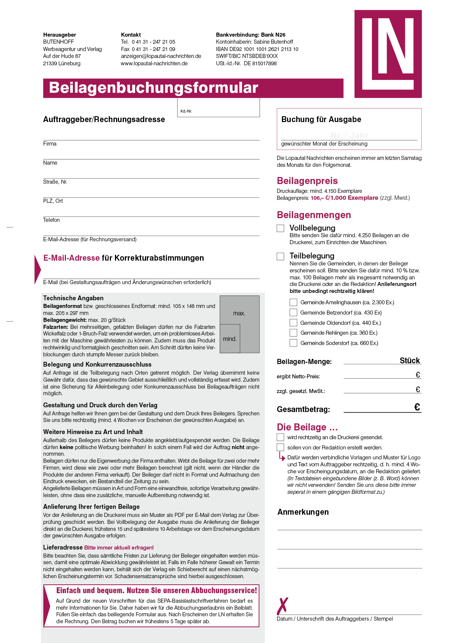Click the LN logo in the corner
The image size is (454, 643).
[x=388, y=54]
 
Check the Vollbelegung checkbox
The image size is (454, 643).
[x=280, y=228]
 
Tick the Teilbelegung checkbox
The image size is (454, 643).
[x=280, y=256]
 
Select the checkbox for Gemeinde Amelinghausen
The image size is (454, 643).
[x=293, y=302]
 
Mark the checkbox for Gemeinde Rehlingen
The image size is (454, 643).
[x=293, y=333]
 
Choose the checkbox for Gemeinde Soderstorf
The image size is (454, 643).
[x=293, y=343]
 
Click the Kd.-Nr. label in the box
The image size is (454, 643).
[x=186, y=111]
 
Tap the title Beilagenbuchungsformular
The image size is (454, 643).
[x=153, y=88]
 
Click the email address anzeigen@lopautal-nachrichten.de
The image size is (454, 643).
[x=161, y=56]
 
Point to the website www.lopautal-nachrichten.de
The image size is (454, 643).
[x=154, y=63]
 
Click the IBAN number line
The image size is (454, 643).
[x=257, y=49]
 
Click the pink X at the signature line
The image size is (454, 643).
[x=283, y=606]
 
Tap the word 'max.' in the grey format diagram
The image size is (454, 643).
[x=239, y=313]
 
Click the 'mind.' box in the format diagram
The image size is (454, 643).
[x=230, y=339]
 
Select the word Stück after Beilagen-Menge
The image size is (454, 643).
[x=410, y=361]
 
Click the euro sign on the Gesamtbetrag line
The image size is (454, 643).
[x=417, y=407]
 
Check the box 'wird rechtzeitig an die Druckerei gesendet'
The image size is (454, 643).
[x=280, y=437]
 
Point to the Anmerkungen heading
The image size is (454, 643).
[x=303, y=512]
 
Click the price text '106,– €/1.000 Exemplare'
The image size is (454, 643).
[x=344, y=198]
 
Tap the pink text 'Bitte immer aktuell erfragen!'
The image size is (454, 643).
[x=119, y=548]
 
